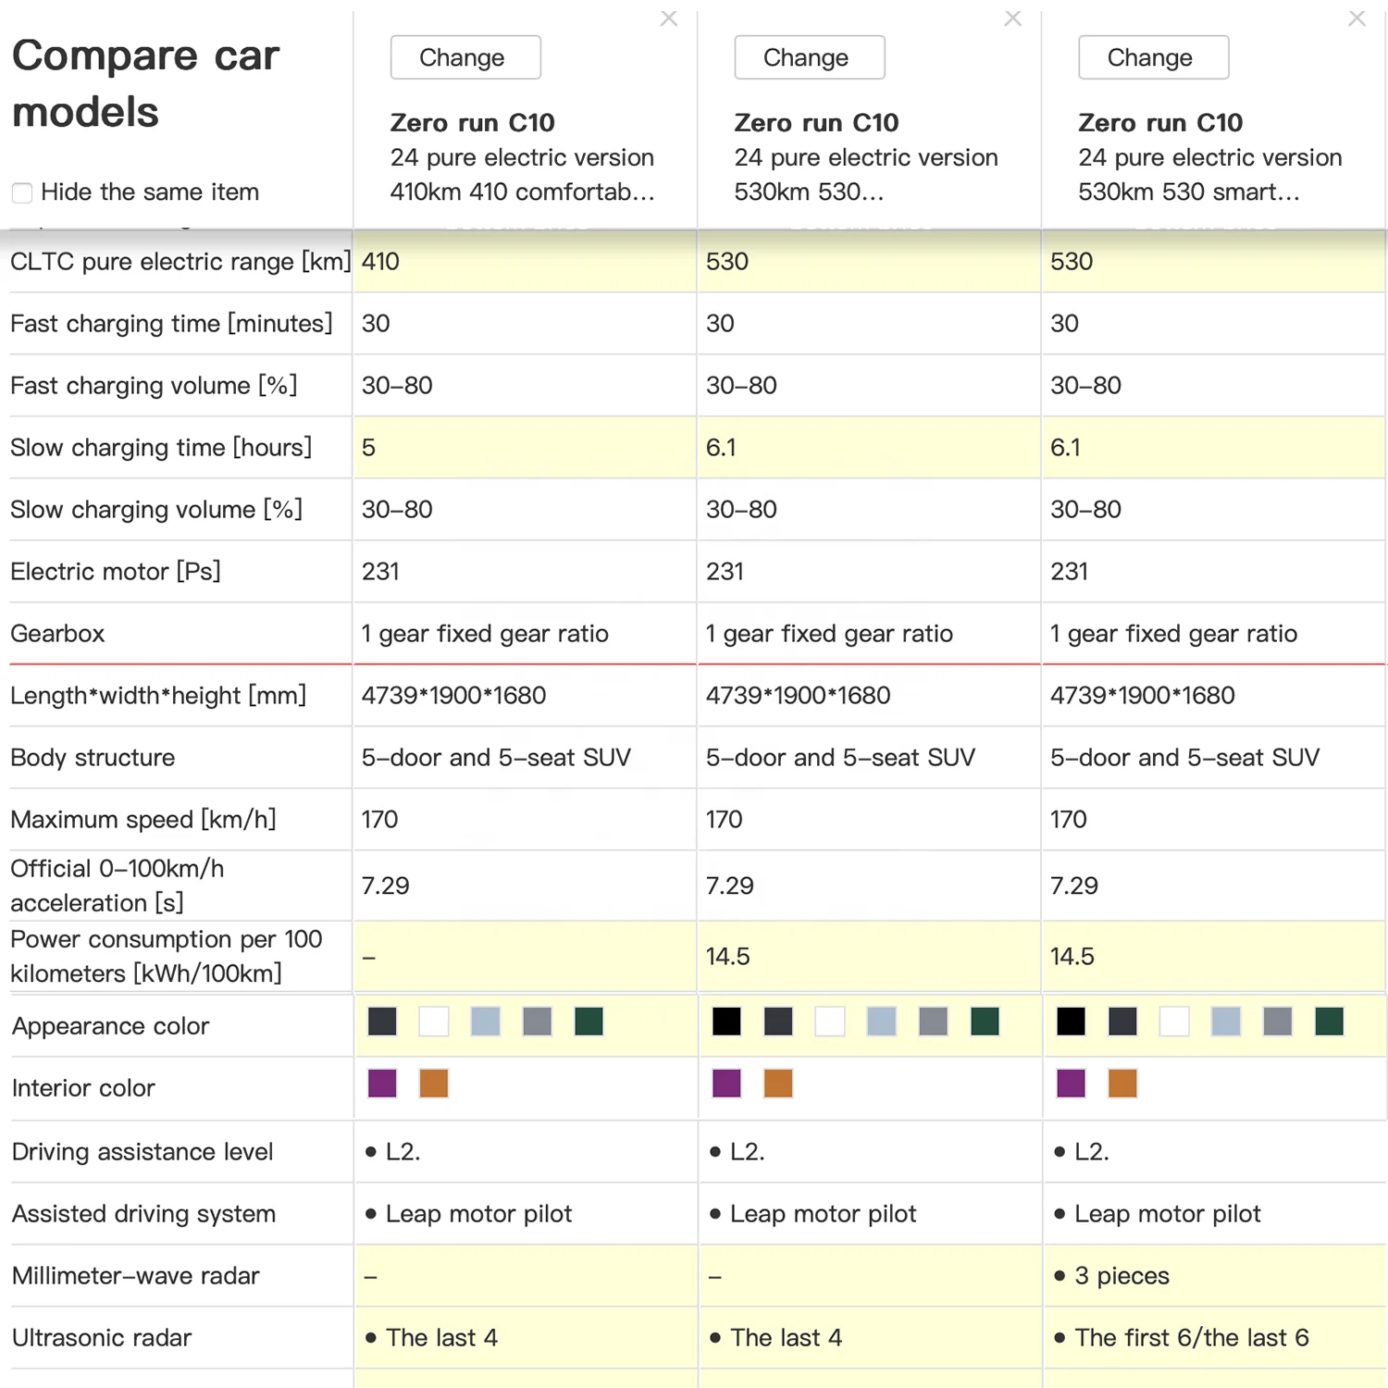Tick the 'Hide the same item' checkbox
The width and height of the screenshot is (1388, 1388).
tap(22, 192)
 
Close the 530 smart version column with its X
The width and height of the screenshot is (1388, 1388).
tap(1357, 19)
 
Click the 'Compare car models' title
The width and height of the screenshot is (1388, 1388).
tap(145, 83)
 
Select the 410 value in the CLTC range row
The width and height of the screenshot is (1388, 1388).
tap(380, 262)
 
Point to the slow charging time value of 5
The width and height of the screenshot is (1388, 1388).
tap(368, 448)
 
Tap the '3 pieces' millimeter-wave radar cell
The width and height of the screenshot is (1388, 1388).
tap(1122, 1276)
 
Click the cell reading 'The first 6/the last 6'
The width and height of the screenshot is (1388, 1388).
tap(1191, 1338)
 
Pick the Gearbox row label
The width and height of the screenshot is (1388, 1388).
tap(57, 634)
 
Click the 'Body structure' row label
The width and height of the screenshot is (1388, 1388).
tap(93, 758)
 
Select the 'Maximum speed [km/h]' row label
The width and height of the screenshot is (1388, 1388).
tap(143, 820)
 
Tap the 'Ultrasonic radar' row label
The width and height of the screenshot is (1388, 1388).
tap(102, 1338)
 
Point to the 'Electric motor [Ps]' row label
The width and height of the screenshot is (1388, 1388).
tap(116, 572)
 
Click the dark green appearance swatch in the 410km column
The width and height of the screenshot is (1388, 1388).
tap(589, 1022)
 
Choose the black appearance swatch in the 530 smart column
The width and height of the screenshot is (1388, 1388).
tap(1071, 1022)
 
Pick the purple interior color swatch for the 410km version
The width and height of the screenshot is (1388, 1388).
tap(382, 1084)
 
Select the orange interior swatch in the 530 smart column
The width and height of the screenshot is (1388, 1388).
tap(1122, 1084)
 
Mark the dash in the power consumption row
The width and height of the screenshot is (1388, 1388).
tap(369, 958)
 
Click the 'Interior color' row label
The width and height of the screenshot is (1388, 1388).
tap(83, 1088)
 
